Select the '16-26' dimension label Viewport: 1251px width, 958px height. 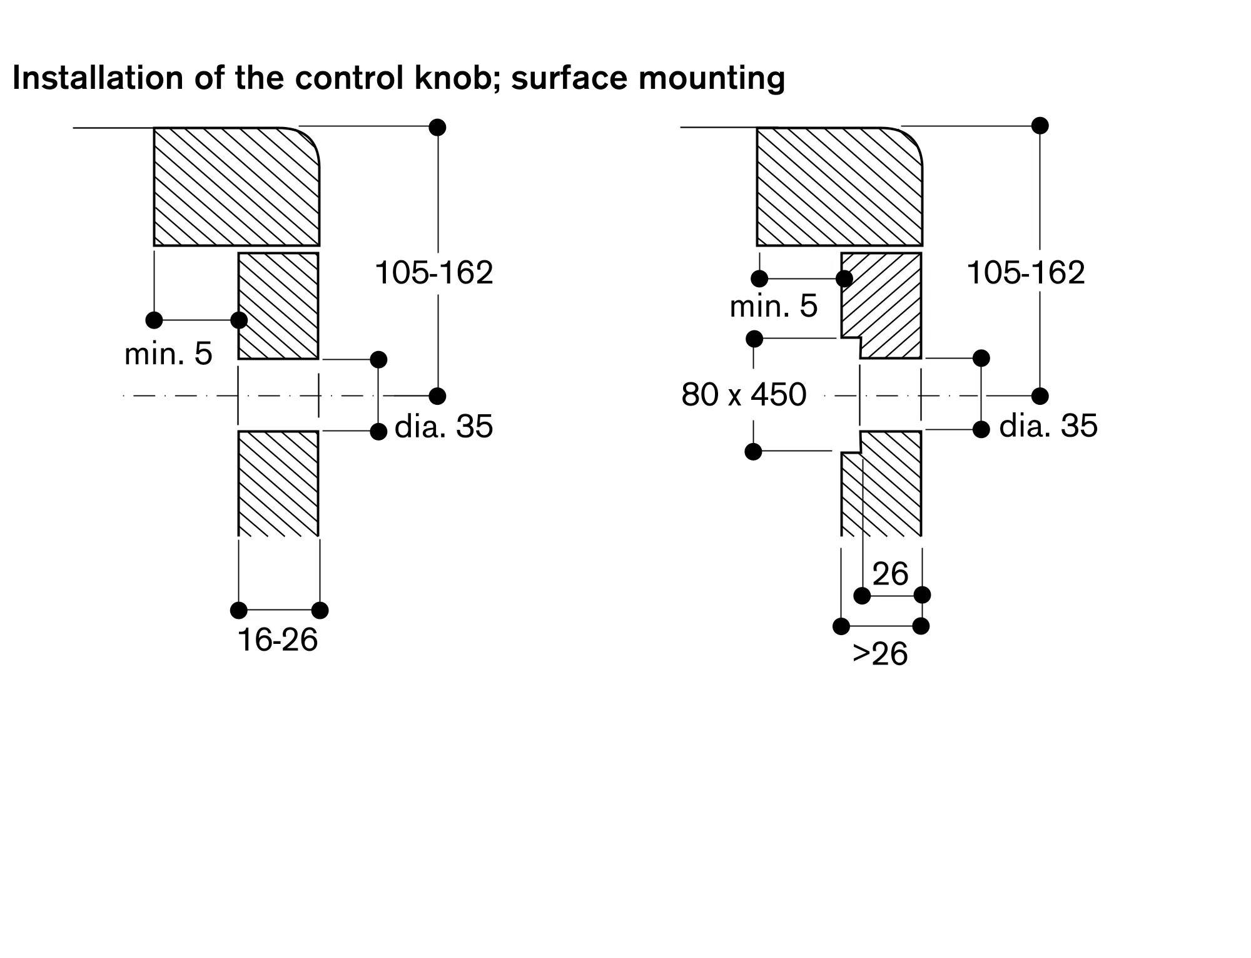point(278,640)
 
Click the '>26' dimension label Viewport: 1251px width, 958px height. point(879,654)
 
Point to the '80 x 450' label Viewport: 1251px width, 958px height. point(744,395)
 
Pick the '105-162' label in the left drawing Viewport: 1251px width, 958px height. point(434,273)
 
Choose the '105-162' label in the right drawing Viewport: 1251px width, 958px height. point(1026,273)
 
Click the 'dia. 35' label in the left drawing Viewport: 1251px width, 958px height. point(443,427)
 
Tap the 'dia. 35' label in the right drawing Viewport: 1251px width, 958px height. point(1048,426)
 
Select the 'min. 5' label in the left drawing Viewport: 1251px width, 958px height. point(168,354)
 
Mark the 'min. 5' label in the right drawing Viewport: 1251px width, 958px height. point(774,307)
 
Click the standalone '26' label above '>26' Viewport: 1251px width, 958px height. point(890,574)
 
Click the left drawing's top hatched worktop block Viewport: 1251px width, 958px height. point(236,186)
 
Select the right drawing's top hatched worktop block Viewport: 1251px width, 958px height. point(839,186)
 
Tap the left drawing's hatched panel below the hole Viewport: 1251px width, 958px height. point(278,483)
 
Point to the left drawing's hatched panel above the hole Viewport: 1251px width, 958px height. point(278,306)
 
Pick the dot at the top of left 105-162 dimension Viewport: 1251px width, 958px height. point(438,128)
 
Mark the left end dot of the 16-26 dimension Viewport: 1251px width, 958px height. point(238,610)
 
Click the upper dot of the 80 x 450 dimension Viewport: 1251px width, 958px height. point(755,339)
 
